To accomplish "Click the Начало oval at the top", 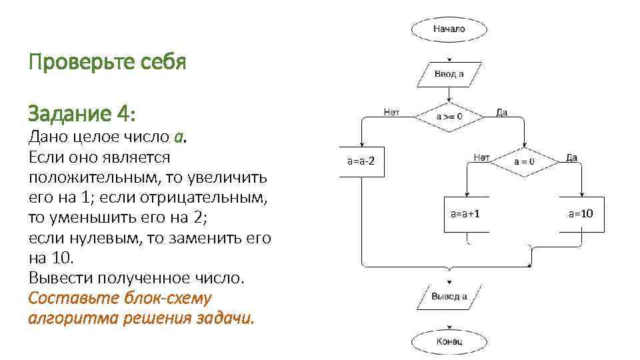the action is pos(449,29).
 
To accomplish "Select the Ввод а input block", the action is pos(449,74).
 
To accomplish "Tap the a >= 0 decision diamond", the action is pos(449,117).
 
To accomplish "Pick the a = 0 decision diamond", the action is pos(524,161).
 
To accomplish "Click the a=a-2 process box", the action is pos(361,161).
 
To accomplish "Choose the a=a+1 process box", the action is pos(467,214).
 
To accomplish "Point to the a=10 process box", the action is pos(581,214).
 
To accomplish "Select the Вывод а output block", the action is pos(449,297).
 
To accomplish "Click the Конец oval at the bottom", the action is pos(449,342).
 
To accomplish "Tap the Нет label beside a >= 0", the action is pos(391,113).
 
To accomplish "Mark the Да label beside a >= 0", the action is pos(501,113).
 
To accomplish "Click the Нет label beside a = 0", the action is pos(481,157).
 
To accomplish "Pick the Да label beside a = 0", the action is pos(571,157).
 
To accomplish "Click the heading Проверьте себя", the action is pos(107,63).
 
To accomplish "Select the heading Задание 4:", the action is pos(82,114).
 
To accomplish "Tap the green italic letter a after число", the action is pos(178,137).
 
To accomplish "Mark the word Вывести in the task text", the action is pos(57,278).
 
